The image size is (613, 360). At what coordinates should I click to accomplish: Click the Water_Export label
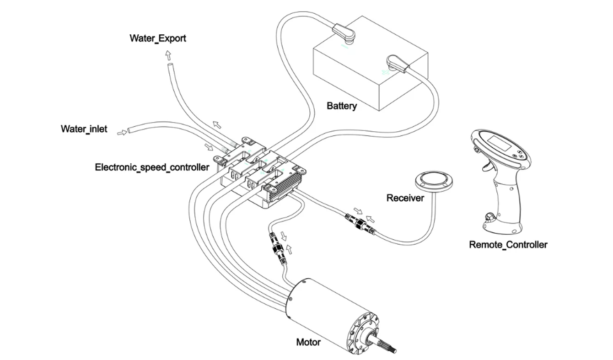click(158, 38)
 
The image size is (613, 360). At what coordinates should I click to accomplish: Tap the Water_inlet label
click(84, 129)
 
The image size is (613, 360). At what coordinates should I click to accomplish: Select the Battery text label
click(342, 106)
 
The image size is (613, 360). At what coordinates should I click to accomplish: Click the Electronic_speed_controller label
click(152, 167)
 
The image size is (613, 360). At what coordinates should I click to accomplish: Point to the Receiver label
click(405, 198)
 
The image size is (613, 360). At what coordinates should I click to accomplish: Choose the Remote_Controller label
click(508, 245)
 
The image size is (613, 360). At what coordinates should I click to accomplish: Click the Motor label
click(308, 342)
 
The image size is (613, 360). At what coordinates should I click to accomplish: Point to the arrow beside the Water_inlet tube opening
click(122, 133)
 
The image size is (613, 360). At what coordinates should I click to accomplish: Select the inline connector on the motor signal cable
click(276, 249)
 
